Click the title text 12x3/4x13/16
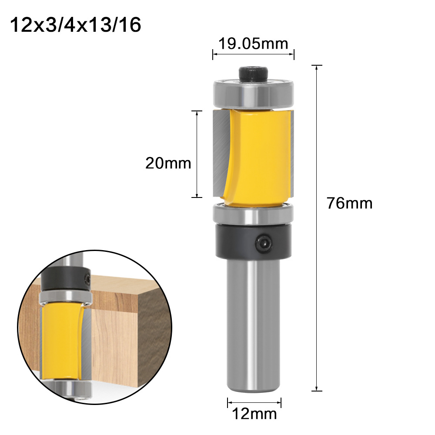[75, 25]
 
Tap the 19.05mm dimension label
[253, 43]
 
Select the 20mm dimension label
[168, 163]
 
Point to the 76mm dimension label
[350, 203]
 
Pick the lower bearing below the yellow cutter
[253, 214]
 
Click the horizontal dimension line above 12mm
[254, 402]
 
